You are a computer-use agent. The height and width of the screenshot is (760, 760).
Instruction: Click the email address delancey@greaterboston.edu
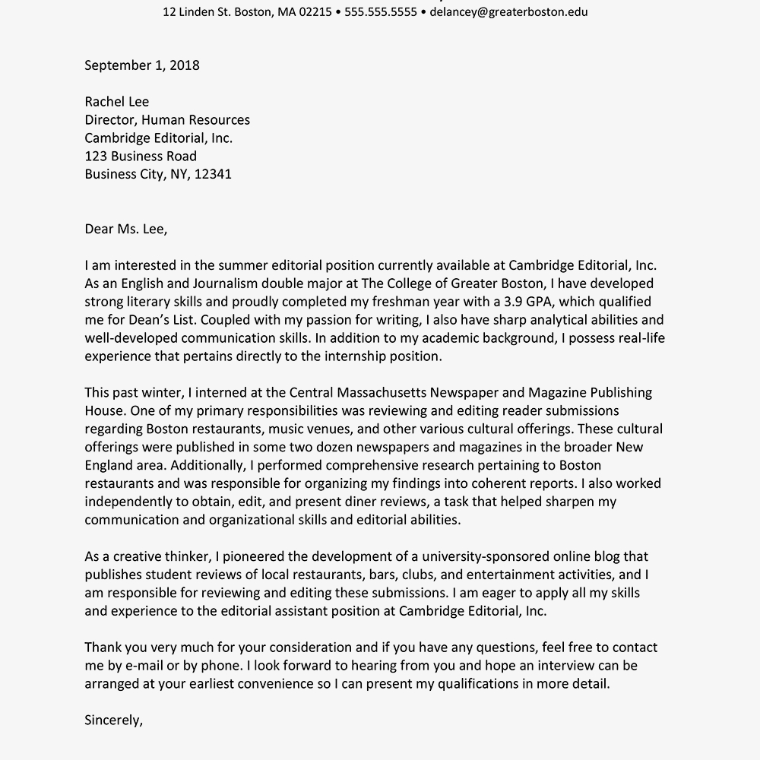click(x=508, y=12)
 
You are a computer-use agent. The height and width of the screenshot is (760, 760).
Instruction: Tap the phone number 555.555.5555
click(x=381, y=12)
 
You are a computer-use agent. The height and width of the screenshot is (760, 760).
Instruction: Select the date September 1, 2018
click(x=142, y=65)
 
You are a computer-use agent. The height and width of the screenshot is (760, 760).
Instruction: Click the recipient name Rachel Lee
click(x=117, y=102)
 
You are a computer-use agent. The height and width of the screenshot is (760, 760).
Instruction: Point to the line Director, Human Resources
click(x=167, y=120)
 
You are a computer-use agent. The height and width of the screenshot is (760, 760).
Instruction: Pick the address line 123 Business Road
click(x=141, y=157)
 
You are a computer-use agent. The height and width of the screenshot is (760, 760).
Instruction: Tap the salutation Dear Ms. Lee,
click(x=126, y=229)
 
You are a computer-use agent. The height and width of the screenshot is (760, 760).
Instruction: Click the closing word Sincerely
click(x=112, y=720)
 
